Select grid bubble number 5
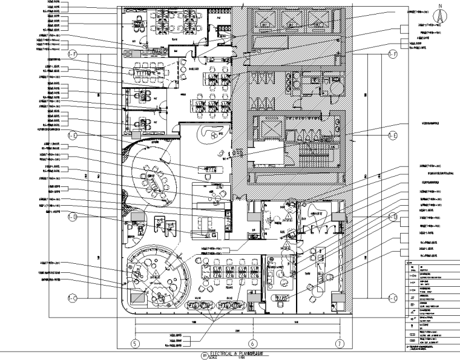(135, 344)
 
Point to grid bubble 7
(340, 344)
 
